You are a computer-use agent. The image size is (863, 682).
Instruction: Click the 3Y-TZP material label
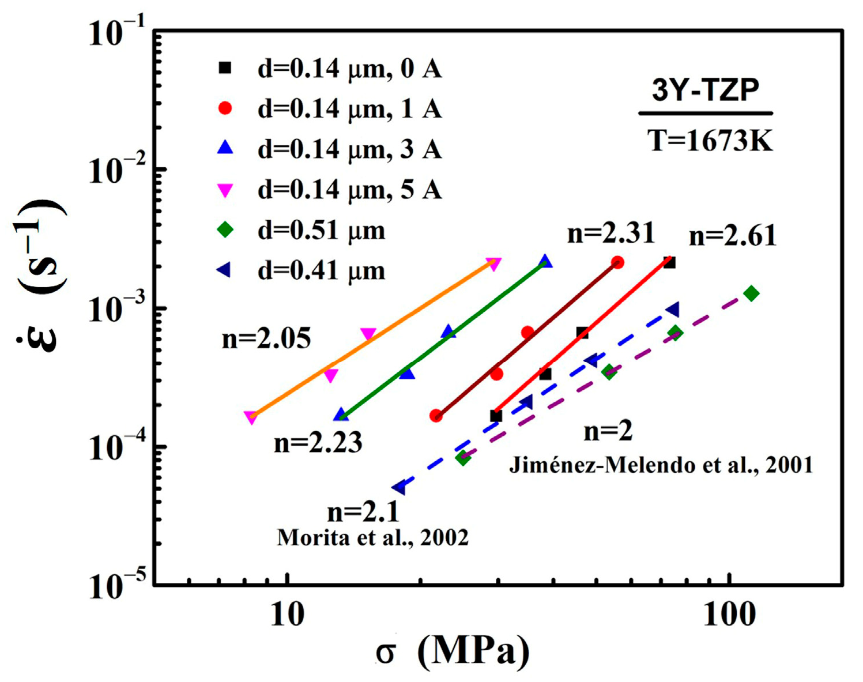[x=706, y=90]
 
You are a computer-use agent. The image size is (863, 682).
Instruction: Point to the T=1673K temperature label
[x=709, y=140]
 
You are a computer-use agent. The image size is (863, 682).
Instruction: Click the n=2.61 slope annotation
[x=733, y=236]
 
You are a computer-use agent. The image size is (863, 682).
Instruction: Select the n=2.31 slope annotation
[x=611, y=233]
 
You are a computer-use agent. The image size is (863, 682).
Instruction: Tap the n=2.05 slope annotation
[x=266, y=338]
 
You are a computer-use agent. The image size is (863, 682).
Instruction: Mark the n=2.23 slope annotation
[x=318, y=443]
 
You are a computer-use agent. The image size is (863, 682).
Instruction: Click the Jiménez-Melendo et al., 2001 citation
[x=661, y=465]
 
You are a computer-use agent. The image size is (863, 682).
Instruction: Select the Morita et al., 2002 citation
[x=372, y=537]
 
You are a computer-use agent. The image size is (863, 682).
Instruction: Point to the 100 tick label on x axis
[x=729, y=615]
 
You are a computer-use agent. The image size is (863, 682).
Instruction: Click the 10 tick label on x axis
[x=287, y=615]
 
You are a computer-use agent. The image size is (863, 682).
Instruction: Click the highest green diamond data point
[x=751, y=293]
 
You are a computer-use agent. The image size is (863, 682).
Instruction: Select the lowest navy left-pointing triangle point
[x=398, y=488]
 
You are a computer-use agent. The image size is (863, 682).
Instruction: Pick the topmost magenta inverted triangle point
[x=493, y=264]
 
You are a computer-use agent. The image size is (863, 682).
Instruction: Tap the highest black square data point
[x=669, y=263]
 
